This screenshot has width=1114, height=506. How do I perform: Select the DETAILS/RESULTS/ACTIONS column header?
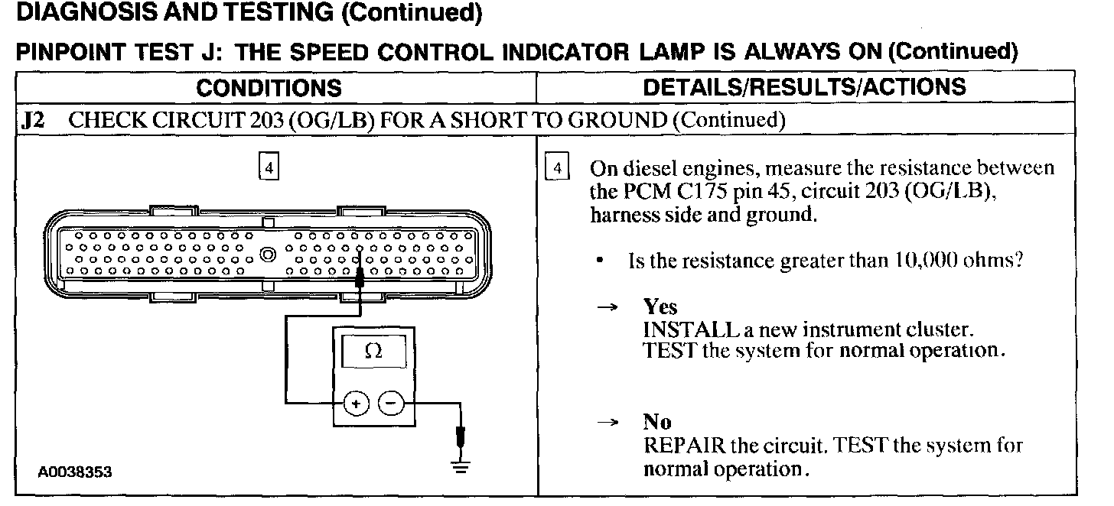pyautogui.click(x=804, y=87)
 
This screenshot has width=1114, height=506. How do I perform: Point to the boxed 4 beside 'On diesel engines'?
pyautogui.click(x=558, y=167)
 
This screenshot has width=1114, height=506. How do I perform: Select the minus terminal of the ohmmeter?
pyautogui.click(x=391, y=401)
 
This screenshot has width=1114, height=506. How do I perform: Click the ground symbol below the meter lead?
pyautogui.click(x=459, y=468)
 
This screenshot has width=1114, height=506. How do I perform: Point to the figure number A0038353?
pyautogui.click(x=74, y=472)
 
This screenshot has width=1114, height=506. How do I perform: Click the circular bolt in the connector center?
pyautogui.click(x=268, y=254)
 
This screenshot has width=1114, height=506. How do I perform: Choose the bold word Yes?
pyautogui.click(x=660, y=307)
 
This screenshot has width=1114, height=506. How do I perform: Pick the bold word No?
pyautogui.click(x=656, y=423)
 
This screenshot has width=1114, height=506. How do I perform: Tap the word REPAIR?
pyautogui.click(x=678, y=446)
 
